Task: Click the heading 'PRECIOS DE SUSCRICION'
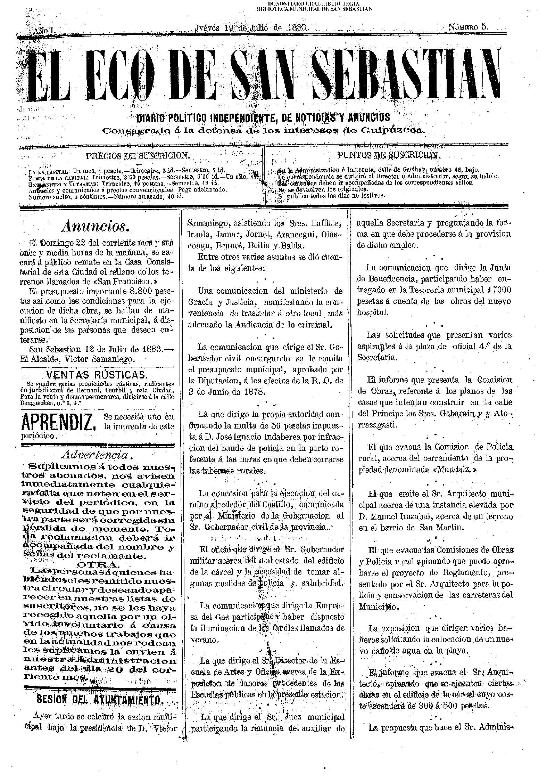pos(137,155)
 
